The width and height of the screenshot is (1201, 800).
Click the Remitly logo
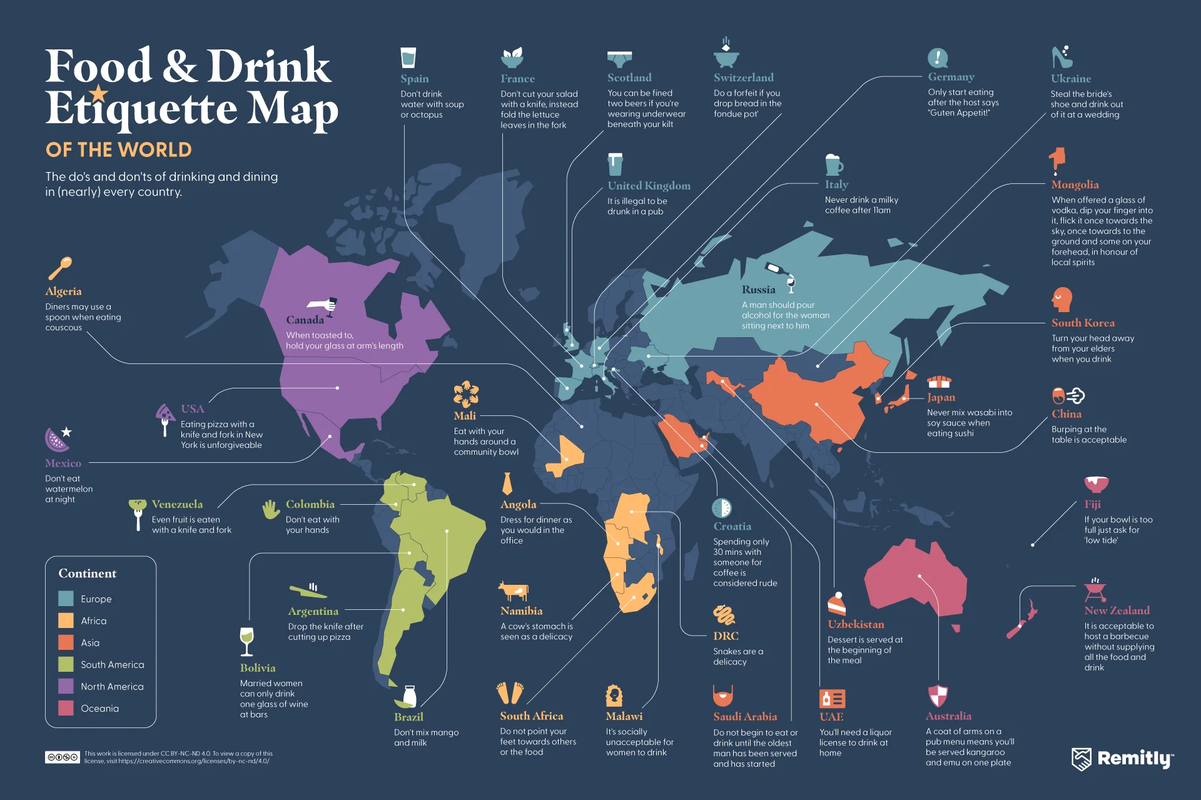point(1122,759)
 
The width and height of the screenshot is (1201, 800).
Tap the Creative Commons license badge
point(62,757)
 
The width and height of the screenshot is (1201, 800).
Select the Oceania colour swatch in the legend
point(66,708)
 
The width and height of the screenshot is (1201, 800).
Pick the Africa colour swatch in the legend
point(66,620)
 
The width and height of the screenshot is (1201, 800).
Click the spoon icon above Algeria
point(60,268)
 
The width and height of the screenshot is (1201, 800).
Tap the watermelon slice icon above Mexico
point(56,439)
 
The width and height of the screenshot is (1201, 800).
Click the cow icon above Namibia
point(514,591)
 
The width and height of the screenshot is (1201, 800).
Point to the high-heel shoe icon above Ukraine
point(1061,58)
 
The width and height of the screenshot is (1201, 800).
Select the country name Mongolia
point(1075,185)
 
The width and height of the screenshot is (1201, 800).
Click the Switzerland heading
point(743,78)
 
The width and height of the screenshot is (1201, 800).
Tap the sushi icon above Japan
point(938,382)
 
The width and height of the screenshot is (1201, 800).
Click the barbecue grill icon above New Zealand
point(1095,590)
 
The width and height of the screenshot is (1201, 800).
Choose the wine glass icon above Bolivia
point(247,641)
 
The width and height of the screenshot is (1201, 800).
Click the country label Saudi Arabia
point(744,717)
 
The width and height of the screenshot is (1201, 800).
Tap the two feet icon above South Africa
point(510,693)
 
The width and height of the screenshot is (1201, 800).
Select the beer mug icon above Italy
point(833,165)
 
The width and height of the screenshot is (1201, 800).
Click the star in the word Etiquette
point(98,94)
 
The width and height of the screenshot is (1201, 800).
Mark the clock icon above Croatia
point(721,507)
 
